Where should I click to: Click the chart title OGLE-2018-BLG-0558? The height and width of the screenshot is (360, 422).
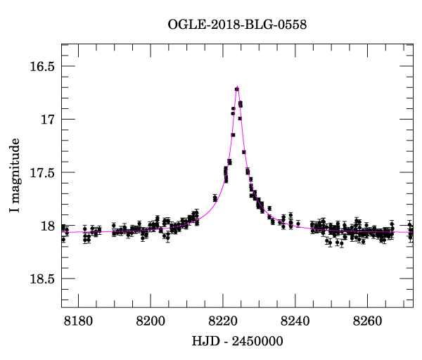click(237, 25)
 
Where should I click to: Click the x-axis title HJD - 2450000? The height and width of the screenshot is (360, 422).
click(237, 342)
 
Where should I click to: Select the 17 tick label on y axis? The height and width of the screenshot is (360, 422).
click(48, 120)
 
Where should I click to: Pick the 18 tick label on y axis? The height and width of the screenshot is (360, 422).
click(48, 226)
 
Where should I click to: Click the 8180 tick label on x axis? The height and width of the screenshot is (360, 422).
click(77, 321)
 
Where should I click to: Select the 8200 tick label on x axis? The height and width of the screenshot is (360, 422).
click(151, 321)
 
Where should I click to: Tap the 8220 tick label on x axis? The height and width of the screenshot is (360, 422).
click(224, 321)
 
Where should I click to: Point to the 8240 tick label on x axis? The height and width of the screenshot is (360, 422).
click(297, 321)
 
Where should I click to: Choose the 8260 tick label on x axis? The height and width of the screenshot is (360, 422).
click(370, 321)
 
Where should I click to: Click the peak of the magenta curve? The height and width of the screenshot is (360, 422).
click(238, 87)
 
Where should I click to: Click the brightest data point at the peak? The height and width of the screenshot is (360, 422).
click(238, 89)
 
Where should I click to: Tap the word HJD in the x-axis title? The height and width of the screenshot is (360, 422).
click(204, 342)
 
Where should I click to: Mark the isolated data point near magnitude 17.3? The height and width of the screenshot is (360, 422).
click(243, 152)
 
